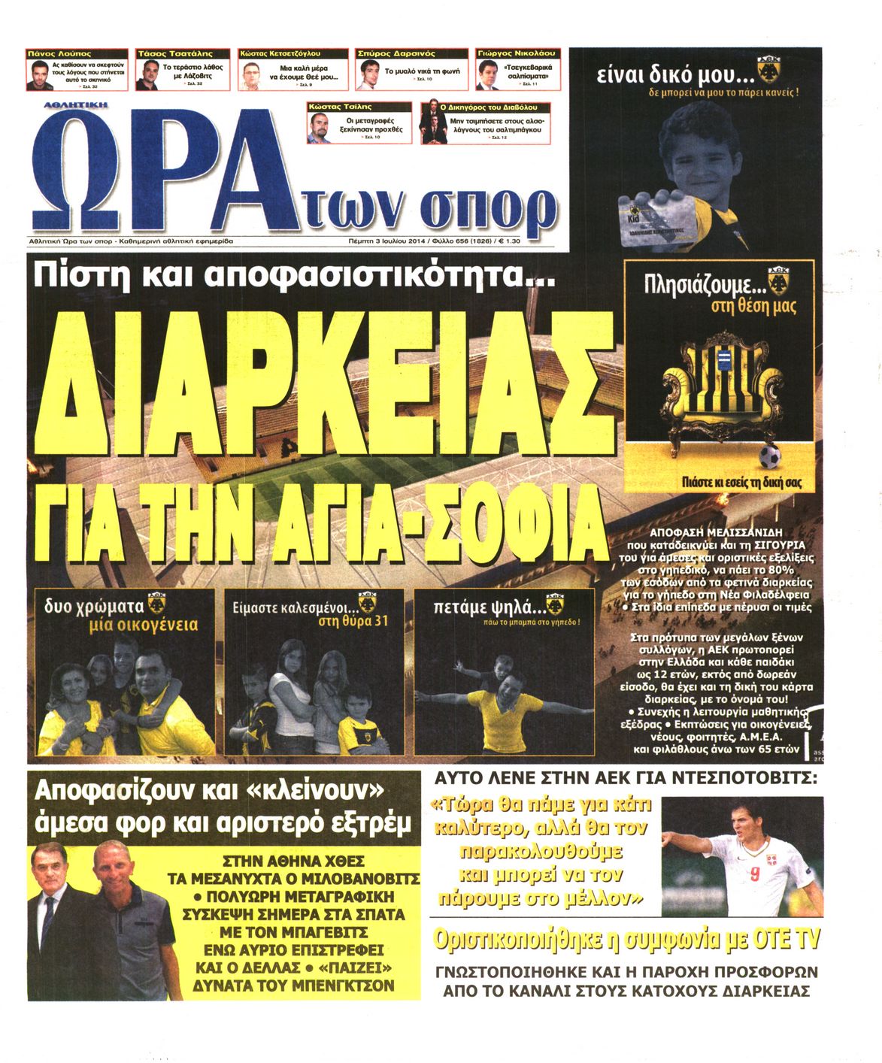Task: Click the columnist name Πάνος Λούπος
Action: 59,54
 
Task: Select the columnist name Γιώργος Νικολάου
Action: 516,54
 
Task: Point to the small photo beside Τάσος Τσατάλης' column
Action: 148,75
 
